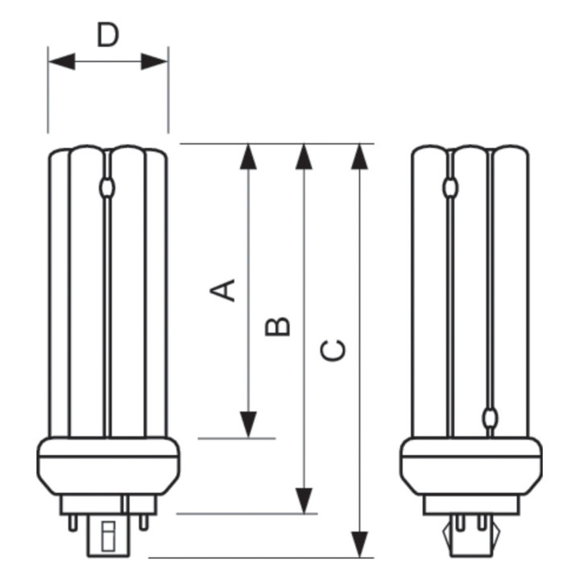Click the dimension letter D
click(x=108, y=35)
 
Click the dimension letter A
click(x=222, y=290)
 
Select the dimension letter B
click(x=277, y=326)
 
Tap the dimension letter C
click(x=333, y=350)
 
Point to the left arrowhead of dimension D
click(x=62, y=61)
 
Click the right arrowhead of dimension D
click(x=155, y=61)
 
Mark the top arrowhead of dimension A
click(x=248, y=157)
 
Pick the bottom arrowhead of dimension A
click(x=248, y=425)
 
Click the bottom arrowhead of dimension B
click(x=304, y=501)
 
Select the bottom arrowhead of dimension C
click(x=359, y=545)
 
